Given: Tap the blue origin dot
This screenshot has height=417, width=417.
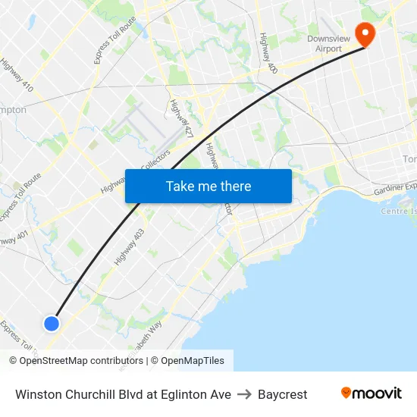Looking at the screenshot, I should click(52, 324).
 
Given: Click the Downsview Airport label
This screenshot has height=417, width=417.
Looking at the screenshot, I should click(334, 44).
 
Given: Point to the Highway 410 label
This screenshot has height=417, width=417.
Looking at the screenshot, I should click(17, 76).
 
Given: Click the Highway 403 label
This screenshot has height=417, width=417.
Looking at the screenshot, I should click(130, 247).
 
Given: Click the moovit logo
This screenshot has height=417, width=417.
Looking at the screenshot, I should click(372, 393).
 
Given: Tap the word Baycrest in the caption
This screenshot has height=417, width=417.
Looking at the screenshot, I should click(282, 394).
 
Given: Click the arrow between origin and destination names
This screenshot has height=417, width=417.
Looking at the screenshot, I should click(244, 394).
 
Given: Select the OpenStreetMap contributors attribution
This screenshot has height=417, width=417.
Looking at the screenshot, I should click(76, 361).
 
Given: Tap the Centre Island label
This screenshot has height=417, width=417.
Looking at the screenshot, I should click(399, 211).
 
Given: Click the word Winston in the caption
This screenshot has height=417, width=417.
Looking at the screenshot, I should click(39, 394).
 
